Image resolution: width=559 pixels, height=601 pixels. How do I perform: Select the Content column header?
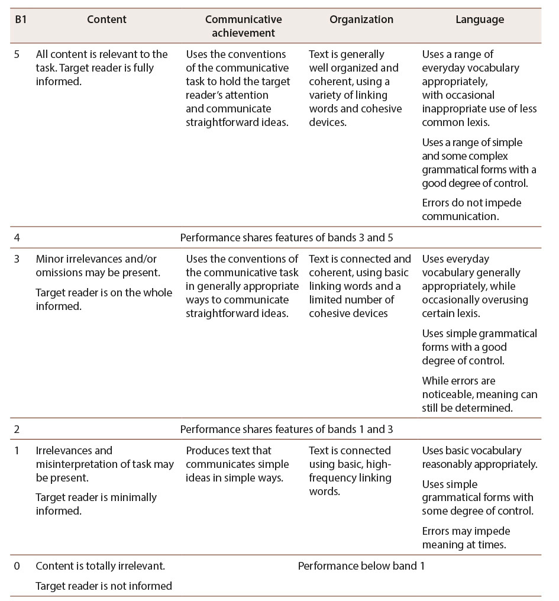106,20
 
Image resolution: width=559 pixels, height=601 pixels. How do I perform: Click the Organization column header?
361,20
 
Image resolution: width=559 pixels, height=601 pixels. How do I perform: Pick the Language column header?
480,20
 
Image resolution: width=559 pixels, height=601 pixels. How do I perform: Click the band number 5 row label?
17,54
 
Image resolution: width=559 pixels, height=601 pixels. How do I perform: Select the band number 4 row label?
17,238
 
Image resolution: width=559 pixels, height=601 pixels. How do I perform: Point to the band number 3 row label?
17,259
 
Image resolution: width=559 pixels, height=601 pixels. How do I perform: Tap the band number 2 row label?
17,429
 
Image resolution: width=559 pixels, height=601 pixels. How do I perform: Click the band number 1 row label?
17,451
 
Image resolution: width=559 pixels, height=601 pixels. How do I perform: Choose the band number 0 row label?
17,566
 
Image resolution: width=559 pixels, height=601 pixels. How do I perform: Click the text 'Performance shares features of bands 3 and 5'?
286,238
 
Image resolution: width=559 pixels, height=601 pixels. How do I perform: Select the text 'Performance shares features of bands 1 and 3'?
286,429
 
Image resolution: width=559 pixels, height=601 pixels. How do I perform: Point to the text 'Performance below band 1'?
361,566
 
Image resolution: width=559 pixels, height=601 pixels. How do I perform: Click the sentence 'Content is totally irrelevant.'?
100,566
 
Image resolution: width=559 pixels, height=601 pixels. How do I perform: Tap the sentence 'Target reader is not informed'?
104,586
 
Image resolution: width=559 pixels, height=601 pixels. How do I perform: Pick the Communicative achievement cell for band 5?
238,88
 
